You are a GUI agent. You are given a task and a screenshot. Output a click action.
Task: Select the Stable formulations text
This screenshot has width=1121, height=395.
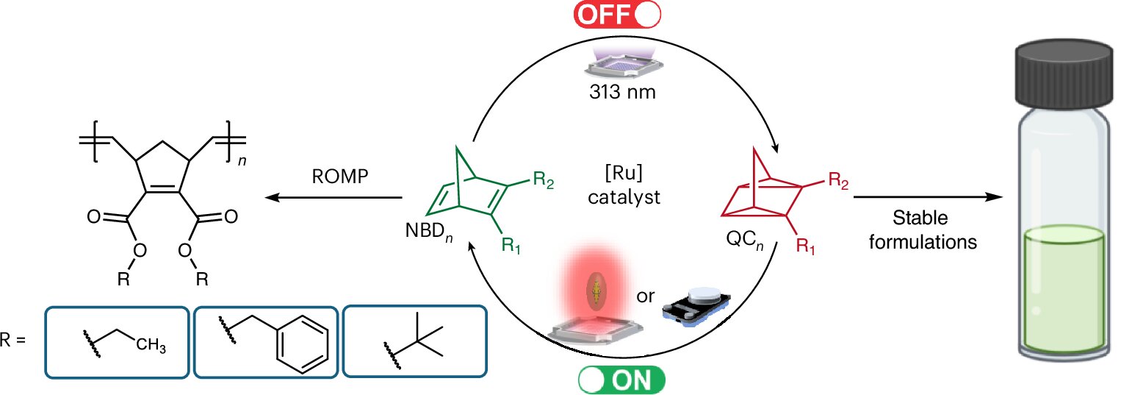pyautogui.click(x=923, y=230)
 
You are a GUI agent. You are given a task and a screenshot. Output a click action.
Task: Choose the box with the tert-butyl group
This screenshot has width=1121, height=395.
pyautogui.click(x=414, y=342)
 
